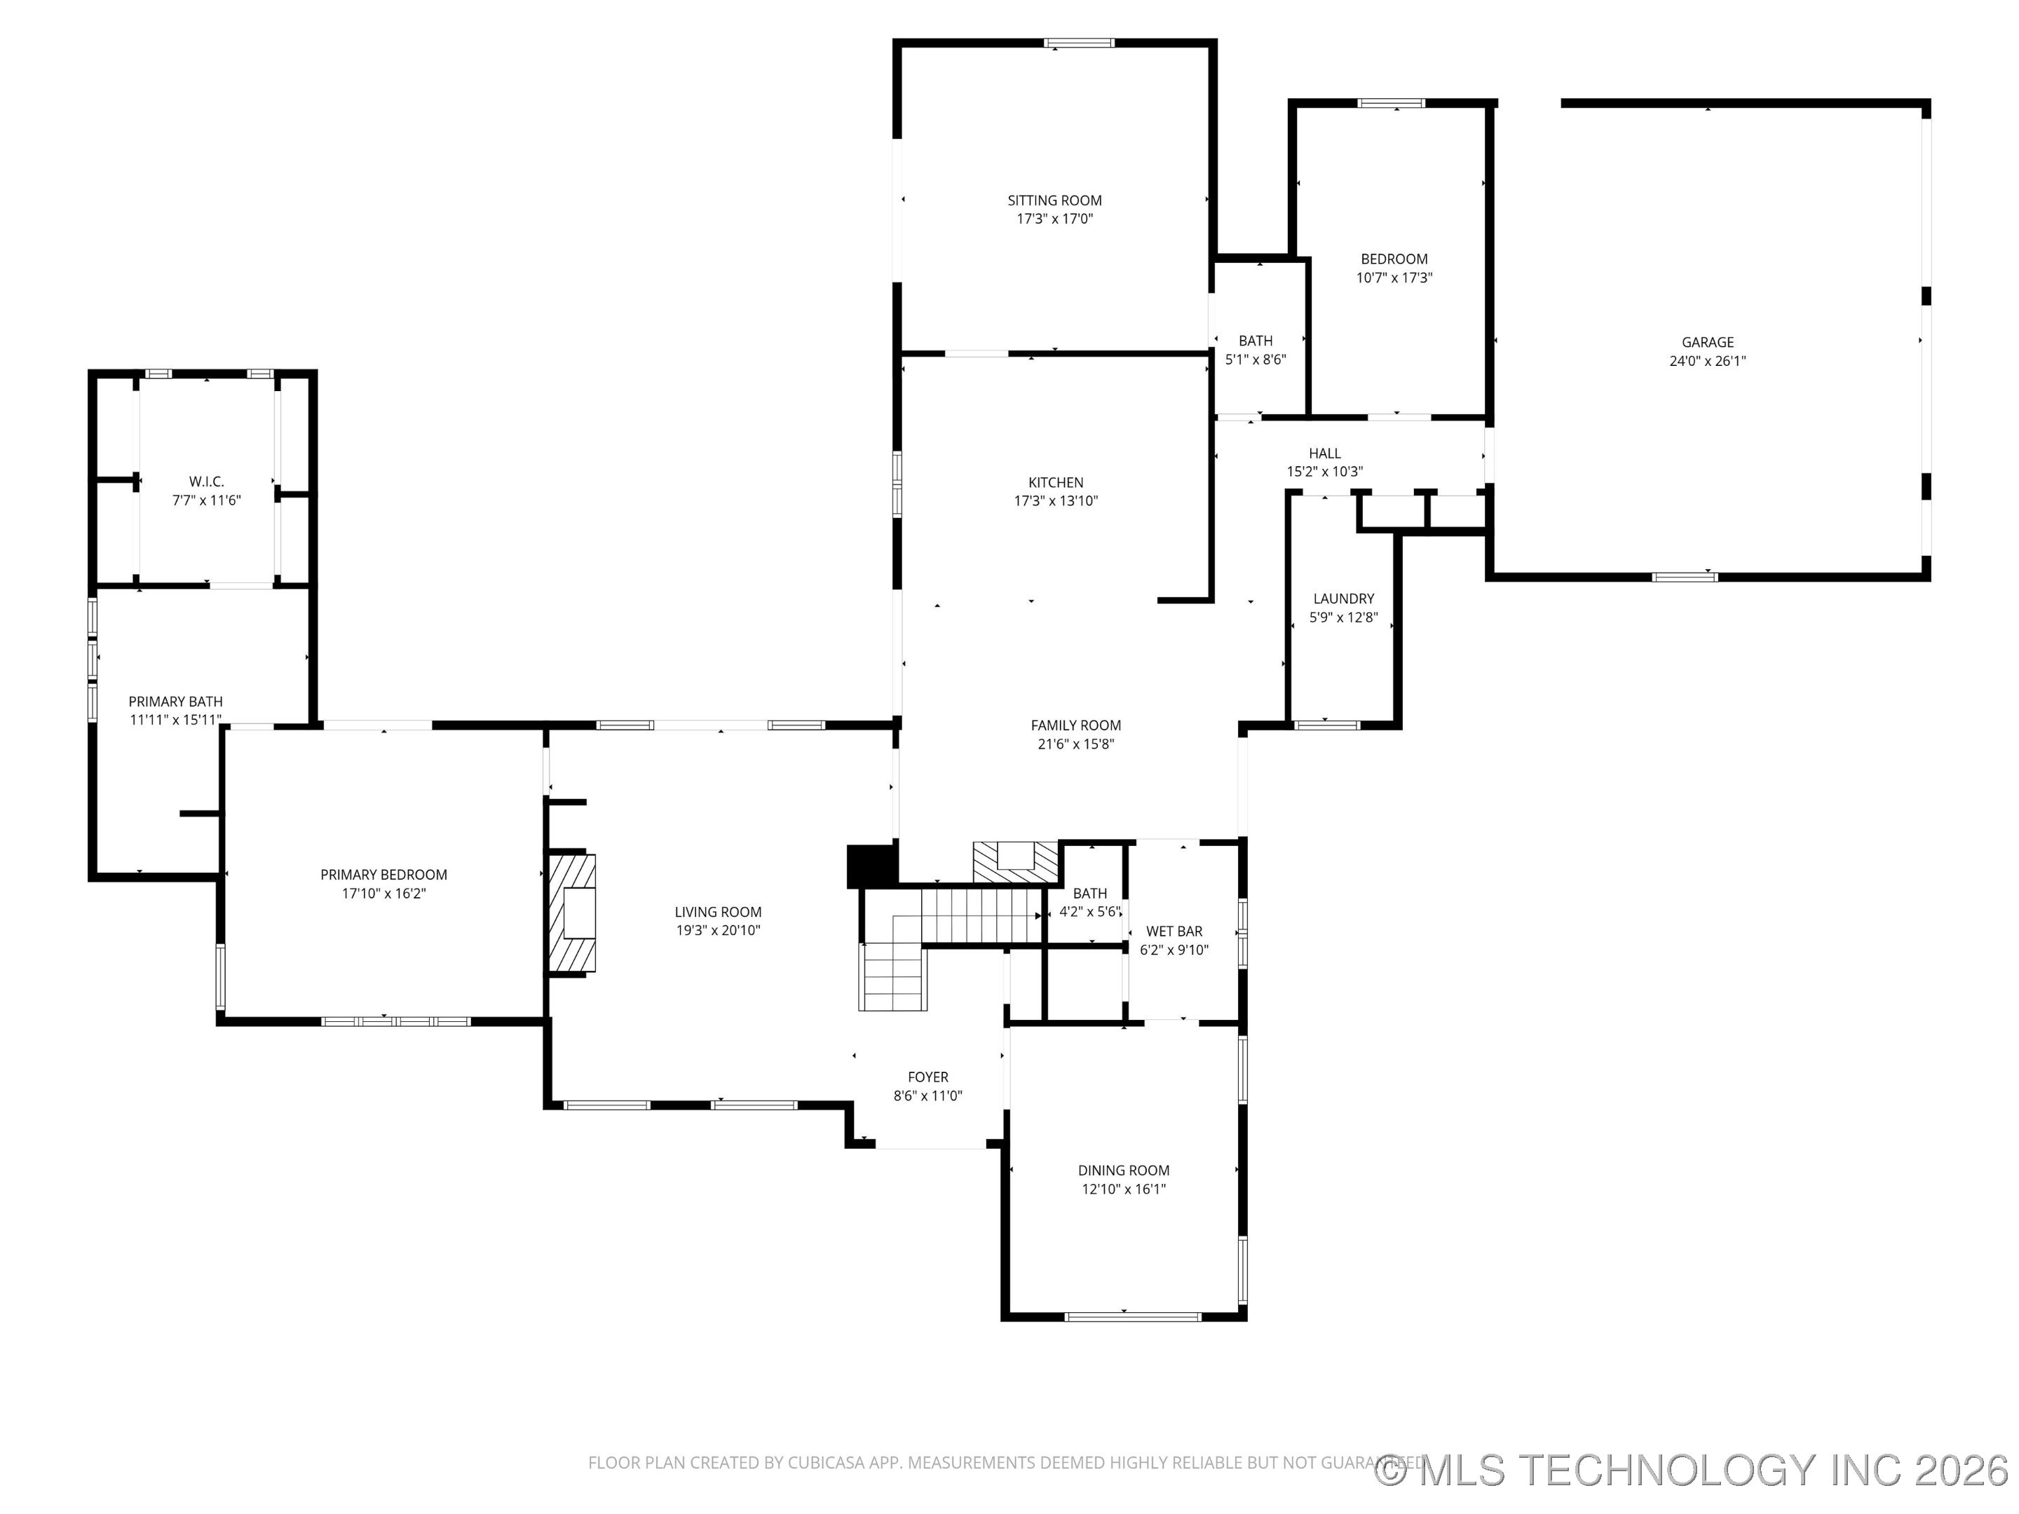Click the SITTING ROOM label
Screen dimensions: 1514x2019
tap(1054, 200)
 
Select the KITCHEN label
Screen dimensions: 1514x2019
tap(1055, 482)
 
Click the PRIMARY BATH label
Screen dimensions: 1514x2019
tap(175, 701)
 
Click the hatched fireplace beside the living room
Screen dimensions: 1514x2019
tap(571, 913)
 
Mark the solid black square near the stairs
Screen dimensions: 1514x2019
tap(871, 866)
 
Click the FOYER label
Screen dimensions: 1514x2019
tap(927, 1077)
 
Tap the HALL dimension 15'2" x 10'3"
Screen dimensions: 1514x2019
tap(1324, 472)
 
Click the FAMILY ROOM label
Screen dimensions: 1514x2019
tap(1075, 725)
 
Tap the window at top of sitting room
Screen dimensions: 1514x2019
tap(1079, 43)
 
